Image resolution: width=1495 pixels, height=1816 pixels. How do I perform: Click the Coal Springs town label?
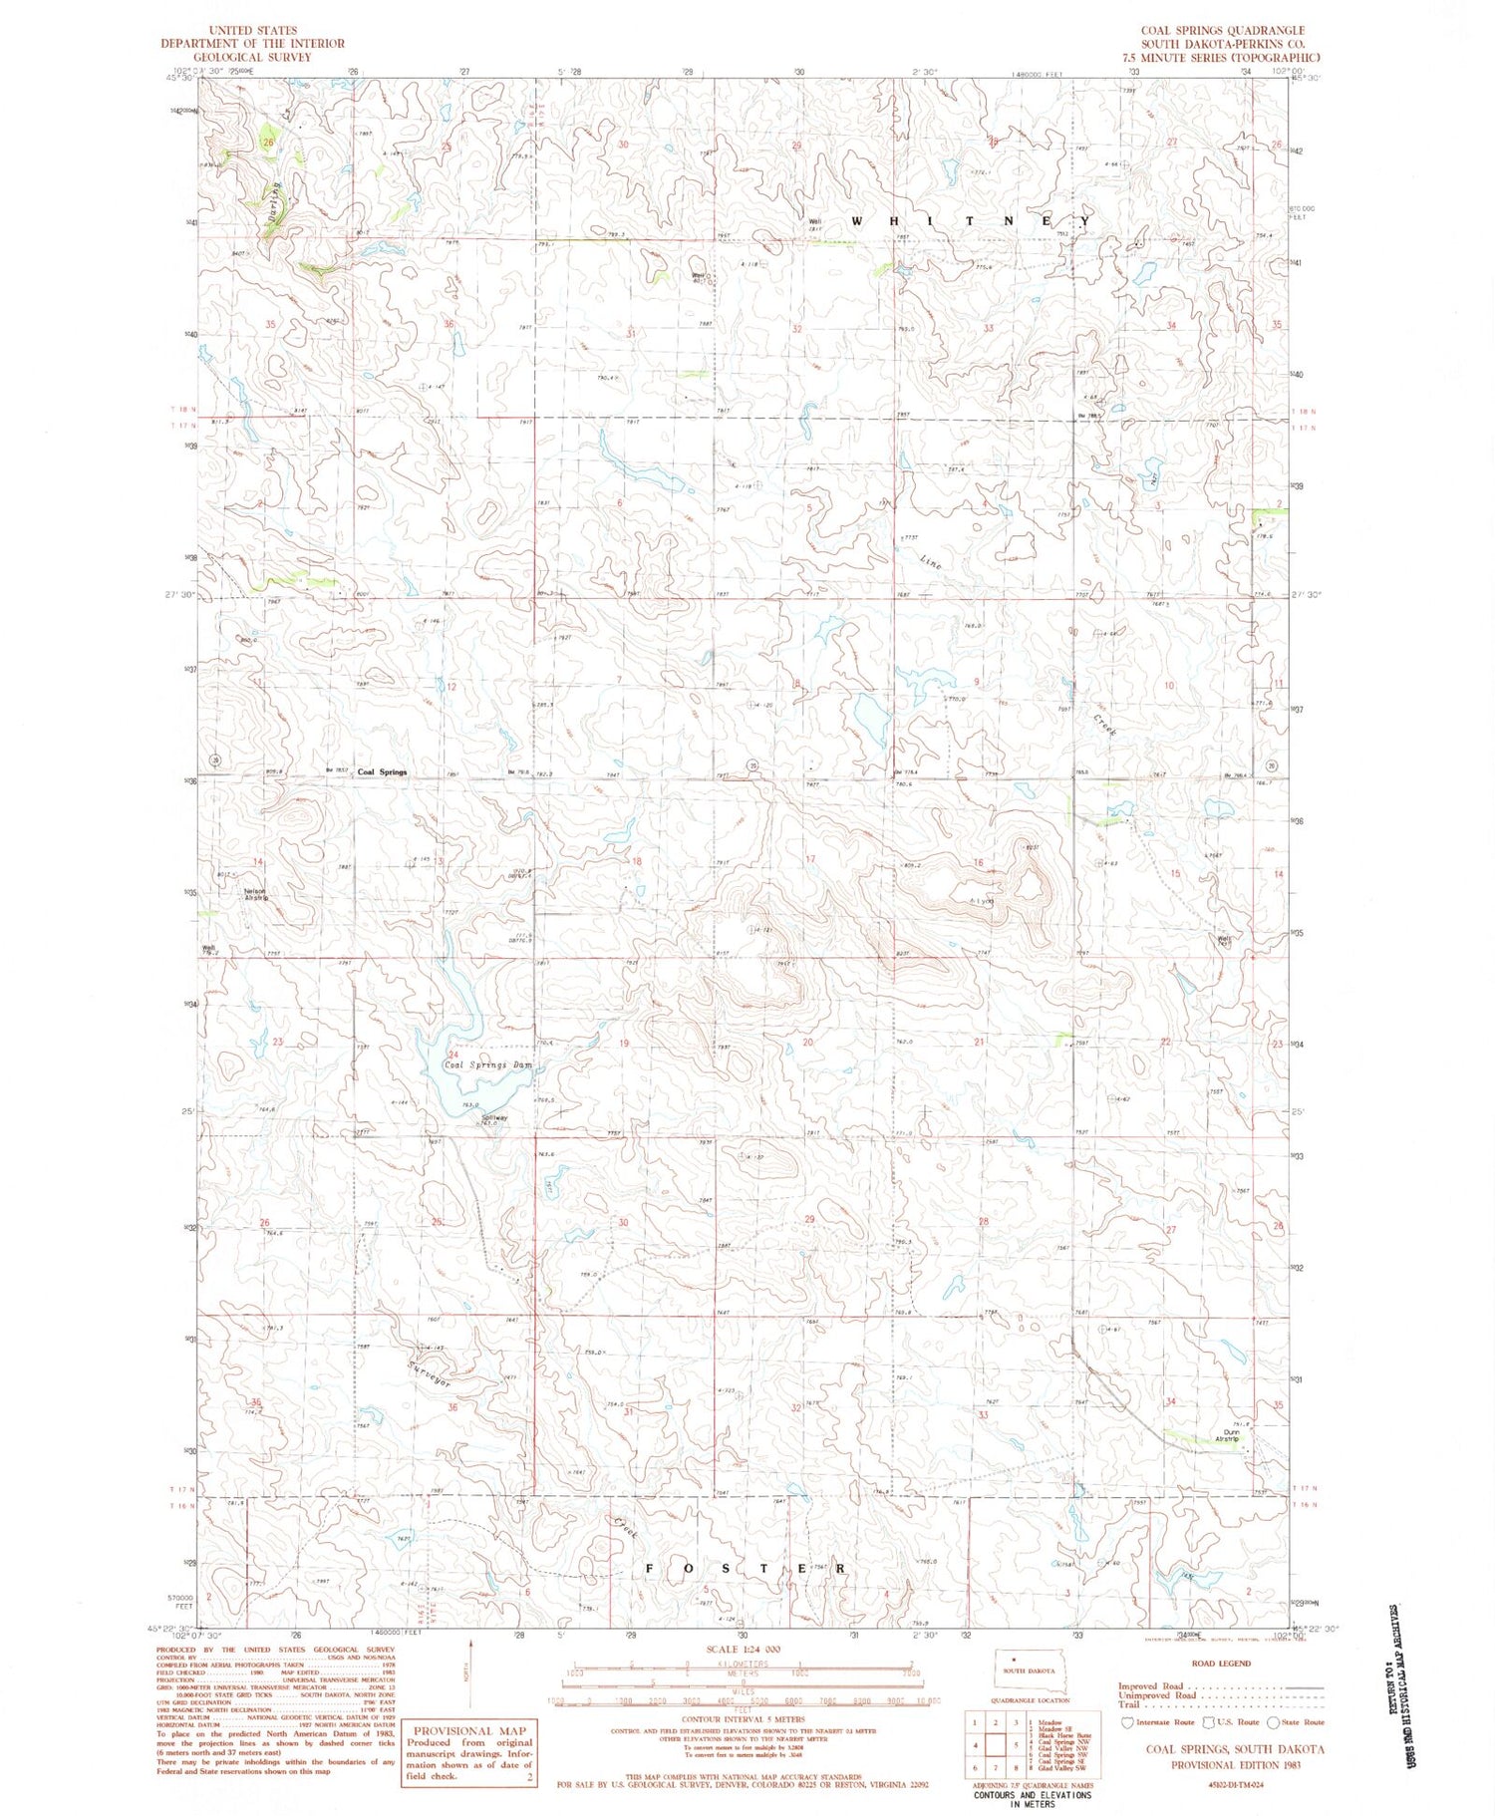[383, 772]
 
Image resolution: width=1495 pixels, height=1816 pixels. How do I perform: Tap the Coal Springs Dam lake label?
[487, 1064]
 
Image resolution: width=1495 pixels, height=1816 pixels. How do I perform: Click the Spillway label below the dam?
[495, 1117]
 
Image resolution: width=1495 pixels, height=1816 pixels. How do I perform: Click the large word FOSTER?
[747, 1568]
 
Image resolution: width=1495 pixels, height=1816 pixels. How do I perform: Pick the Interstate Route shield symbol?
[1128, 1721]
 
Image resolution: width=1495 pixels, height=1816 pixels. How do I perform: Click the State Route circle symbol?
[1272, 1721]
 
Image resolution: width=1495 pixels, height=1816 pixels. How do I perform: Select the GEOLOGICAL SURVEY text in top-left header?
[253, 57]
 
